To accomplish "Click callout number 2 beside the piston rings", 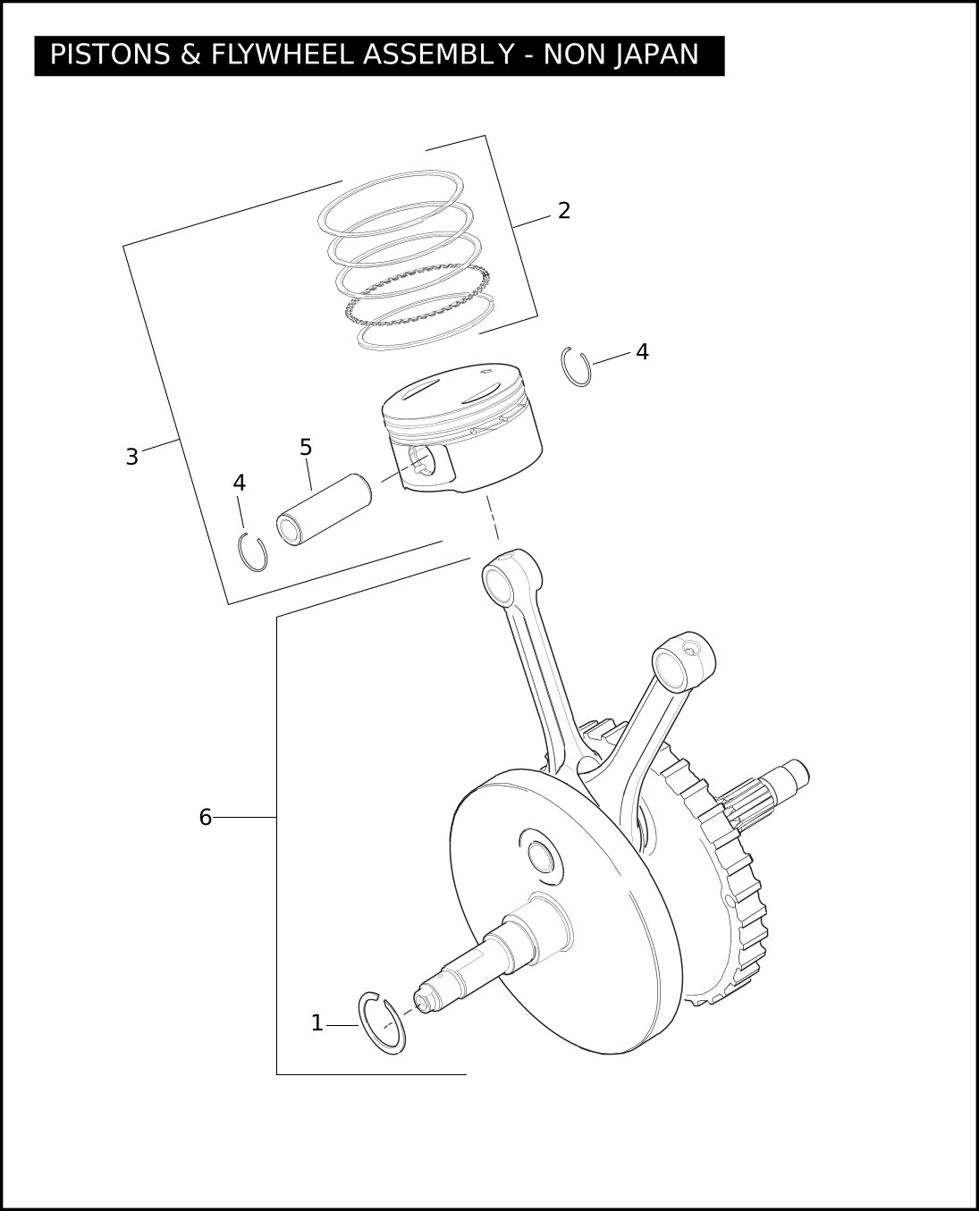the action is pyautogui.click(x=564, y=211).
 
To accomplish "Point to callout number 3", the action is pyautogui.click(x=132, y=457).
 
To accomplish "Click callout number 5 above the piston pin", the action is pyautogui.click(x=306, y=448).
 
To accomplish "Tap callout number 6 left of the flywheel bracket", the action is pyautogui.click(x=206, y=817).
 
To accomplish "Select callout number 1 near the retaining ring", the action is pyautogui.click(x=317, y=1023).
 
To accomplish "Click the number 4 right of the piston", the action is pyautogui.click(x=642, y=352).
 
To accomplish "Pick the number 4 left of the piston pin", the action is pyautogui.click(x=240, y=483).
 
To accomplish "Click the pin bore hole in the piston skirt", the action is pyautogui.click(x=421, y=460).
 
